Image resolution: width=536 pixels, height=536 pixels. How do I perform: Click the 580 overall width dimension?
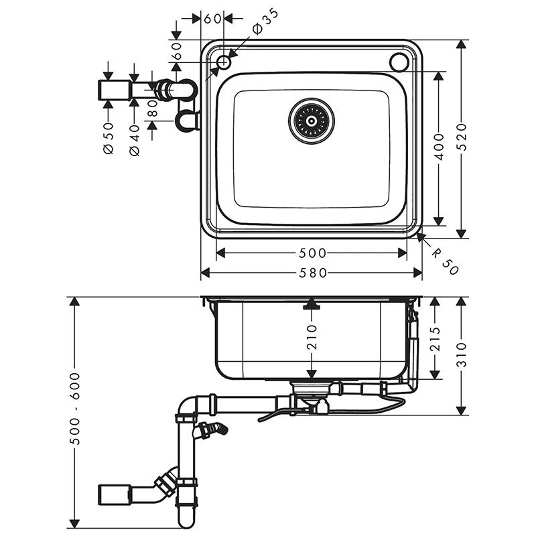pos(312,273)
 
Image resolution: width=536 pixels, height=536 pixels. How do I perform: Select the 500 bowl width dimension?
pos(312,253)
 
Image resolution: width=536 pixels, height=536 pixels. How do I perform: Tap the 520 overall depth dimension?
pos(462,137)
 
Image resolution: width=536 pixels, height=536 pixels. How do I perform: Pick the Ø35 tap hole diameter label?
pos(263,23)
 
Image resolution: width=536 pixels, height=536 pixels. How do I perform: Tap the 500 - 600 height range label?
pos(75,409)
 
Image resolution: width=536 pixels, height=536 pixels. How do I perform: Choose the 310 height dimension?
pos(462,355)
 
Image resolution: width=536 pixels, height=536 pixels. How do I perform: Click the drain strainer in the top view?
pos(312,121)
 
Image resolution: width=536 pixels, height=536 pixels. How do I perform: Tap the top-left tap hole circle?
pos(224,62)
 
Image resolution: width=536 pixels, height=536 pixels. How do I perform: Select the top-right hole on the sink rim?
pos(400,62)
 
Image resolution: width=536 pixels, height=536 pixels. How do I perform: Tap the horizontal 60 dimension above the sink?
pos(213,19)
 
